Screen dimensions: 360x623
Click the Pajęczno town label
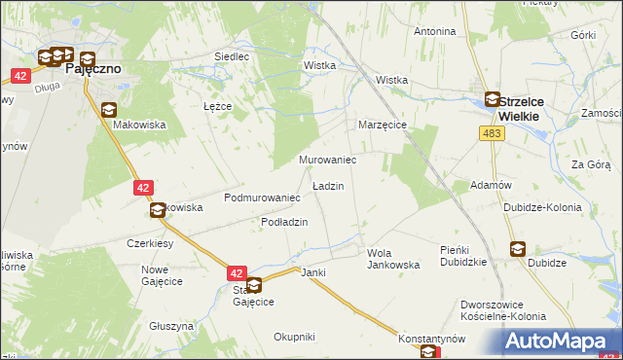click(92, 70)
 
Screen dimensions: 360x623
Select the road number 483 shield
click(492, 133)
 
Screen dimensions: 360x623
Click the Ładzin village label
click(327, 185)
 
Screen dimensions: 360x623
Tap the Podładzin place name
click(284, 223)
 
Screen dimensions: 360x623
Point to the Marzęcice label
click(382, 126)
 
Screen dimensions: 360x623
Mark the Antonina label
click(435, 31)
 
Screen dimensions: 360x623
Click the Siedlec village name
click(232, 56)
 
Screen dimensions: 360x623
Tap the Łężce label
click(216, 105)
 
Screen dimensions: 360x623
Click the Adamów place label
click(491, 185)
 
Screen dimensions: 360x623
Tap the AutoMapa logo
click(560, 341)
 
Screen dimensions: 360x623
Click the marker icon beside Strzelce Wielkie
click(493, 99)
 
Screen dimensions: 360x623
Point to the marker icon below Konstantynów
click(429, 354)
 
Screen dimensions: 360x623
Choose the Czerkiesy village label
click(150, 243)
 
